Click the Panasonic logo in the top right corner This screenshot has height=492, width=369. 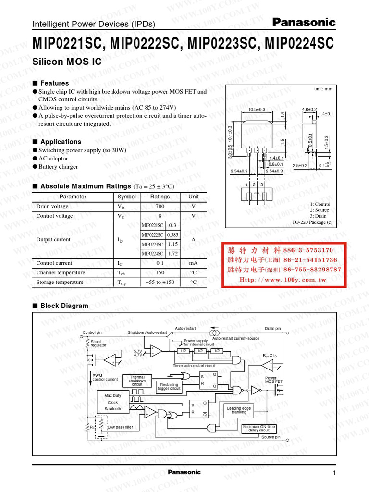click(x=304, y=22)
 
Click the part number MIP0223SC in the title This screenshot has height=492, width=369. click(x=221, y=44)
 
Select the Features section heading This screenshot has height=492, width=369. click(x=54, y=83)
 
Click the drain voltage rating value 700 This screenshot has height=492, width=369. click(x=160, y=206)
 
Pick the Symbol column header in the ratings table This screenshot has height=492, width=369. click(x=126, y=197)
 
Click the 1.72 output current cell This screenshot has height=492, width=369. click(x=172, y=253)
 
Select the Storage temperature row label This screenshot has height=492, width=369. click(x=61, y=282)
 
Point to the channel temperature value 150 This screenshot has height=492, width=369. click(x=160, y=272)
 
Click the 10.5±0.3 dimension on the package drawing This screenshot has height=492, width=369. click(x=257, y=110)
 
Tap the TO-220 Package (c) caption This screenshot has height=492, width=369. click(x=312, y=222)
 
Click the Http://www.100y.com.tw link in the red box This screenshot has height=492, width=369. click(x=283, y=279)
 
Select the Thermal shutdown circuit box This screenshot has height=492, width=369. click(x=137, y=381)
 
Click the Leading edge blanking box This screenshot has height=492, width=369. click(x=239, y=410)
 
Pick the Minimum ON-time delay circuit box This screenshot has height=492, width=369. click(x=259, y=428)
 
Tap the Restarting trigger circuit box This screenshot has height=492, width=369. click(x=169, y=386)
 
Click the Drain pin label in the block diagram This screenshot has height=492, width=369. click(x=272, y=329)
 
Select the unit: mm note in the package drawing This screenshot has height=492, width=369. click(x=323, y=89)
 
